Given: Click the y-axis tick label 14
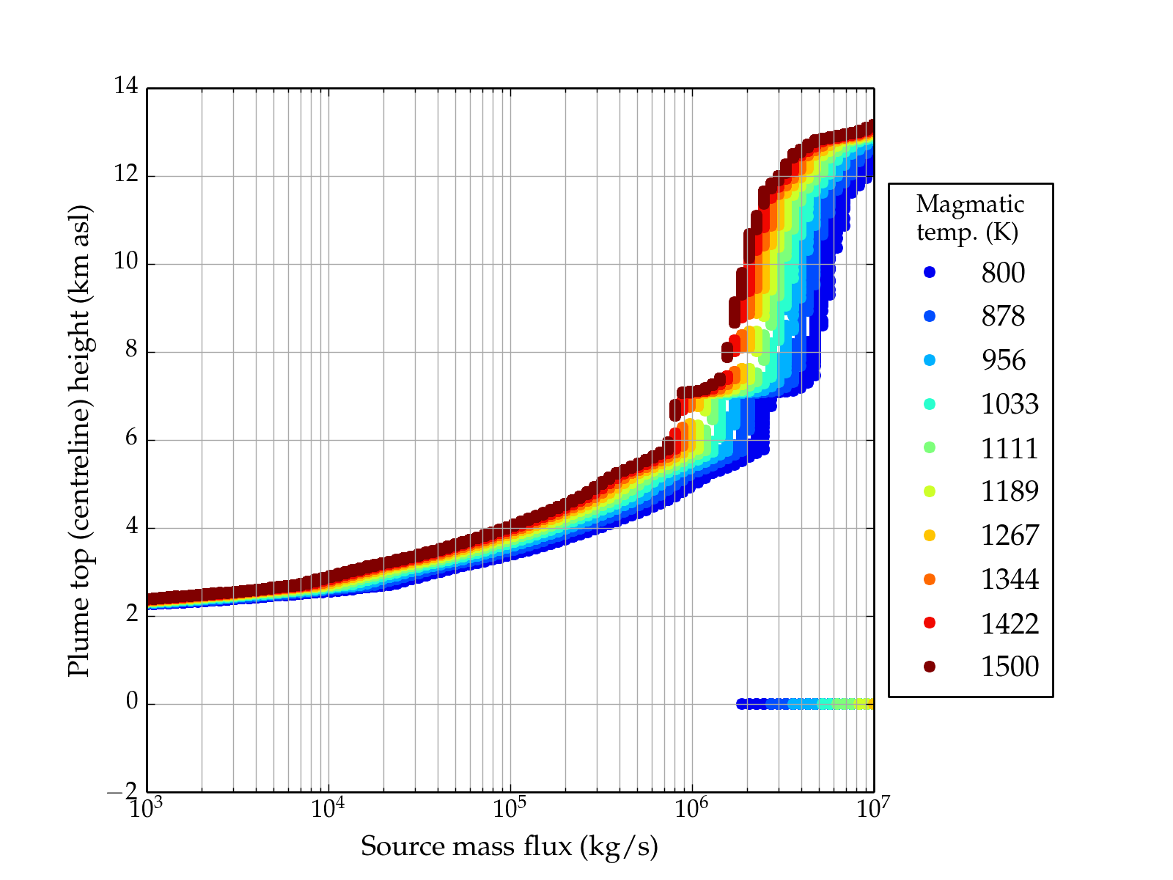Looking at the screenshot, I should pyautogui.click(x=126, y=87).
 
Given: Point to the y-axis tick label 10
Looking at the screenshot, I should pyautogui.click(x=126, y=263).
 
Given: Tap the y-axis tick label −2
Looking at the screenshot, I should pyautogui.click(x=122, y=791).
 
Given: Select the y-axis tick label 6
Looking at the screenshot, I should pyautogui.click(x=131, y=439).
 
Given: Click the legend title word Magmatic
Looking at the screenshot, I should pyautogui.click(x=970, y=204).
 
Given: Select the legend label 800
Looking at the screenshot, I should pyautogui.click(x=1003, y=273).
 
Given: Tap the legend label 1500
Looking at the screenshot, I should pyautogui.click(x=1010, y=667).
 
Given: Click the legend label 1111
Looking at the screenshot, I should pyautogui.click(x=1010, y=448).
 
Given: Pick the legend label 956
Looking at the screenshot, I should pyautogui.click(x=1003, y=360).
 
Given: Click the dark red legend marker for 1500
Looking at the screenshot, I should pyautogui.click(x=930, y=667).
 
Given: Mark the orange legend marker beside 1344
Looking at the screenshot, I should pyautogui.click(x=930, y=579).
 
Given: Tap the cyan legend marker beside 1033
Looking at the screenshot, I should pyautogui.click(x=930, y=404).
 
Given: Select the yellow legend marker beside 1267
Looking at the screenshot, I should pyautogui.click(x=930, y=535).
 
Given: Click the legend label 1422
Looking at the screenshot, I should pyautogui.click(x=1010, y=623).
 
